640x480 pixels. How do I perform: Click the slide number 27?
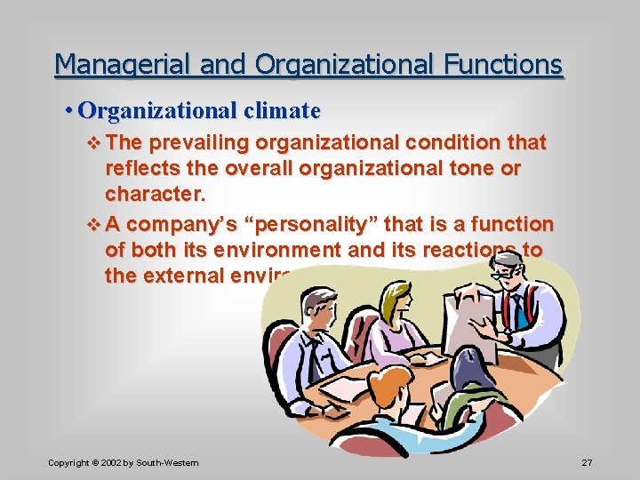click(587, 462)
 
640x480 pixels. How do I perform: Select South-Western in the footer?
click(170, 462)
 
